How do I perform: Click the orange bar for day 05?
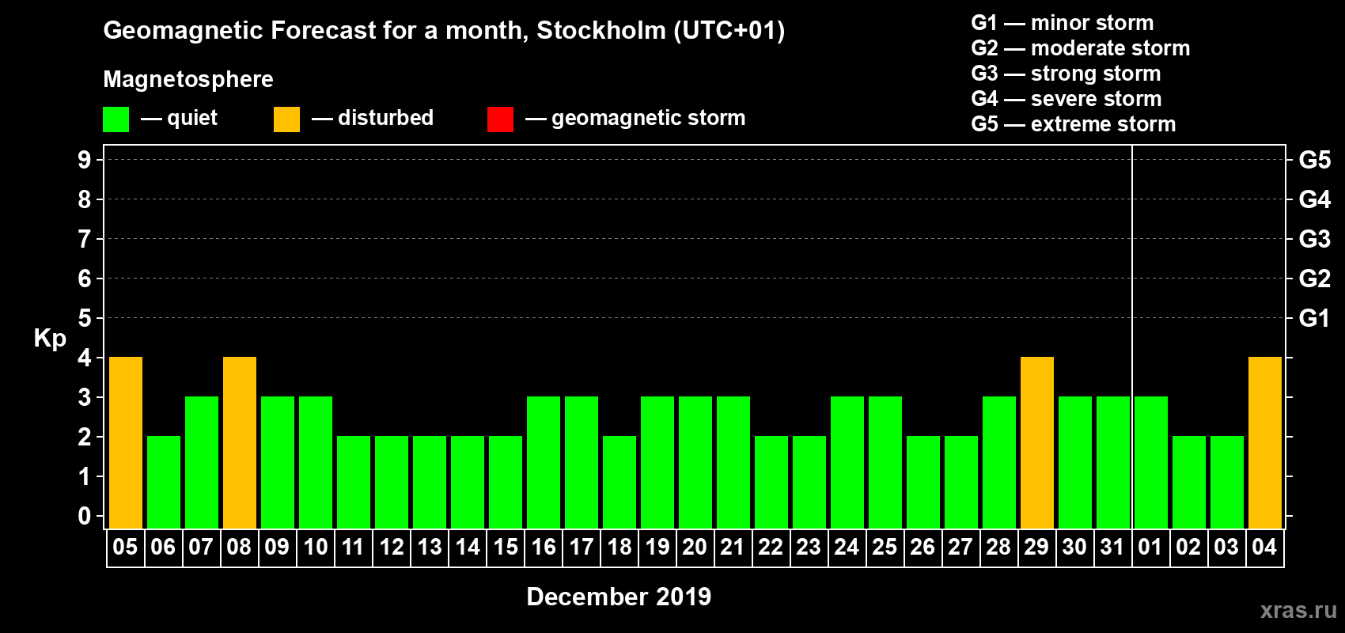[126, 442]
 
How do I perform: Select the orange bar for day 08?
[240, 442]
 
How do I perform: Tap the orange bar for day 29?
[1037, 442]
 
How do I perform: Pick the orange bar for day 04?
[1265, 442]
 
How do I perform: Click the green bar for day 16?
[544, 462]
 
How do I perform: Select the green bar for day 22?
[771, 482]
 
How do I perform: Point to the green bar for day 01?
[1151, 462]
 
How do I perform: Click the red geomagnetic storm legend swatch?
[500, 119]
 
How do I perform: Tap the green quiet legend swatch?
[116, 119]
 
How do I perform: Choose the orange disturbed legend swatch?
[286, 119]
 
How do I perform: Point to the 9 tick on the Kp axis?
[85, 160]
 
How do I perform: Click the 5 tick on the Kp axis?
[85, 318]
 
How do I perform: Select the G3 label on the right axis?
[1314, 239]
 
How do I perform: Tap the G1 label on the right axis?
[1314, 318]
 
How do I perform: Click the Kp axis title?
[50, 338]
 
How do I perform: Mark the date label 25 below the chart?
[885, 547]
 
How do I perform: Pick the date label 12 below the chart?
[392, 547]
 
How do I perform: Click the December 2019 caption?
[619, 597]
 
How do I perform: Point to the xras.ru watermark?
[1298, 610]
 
